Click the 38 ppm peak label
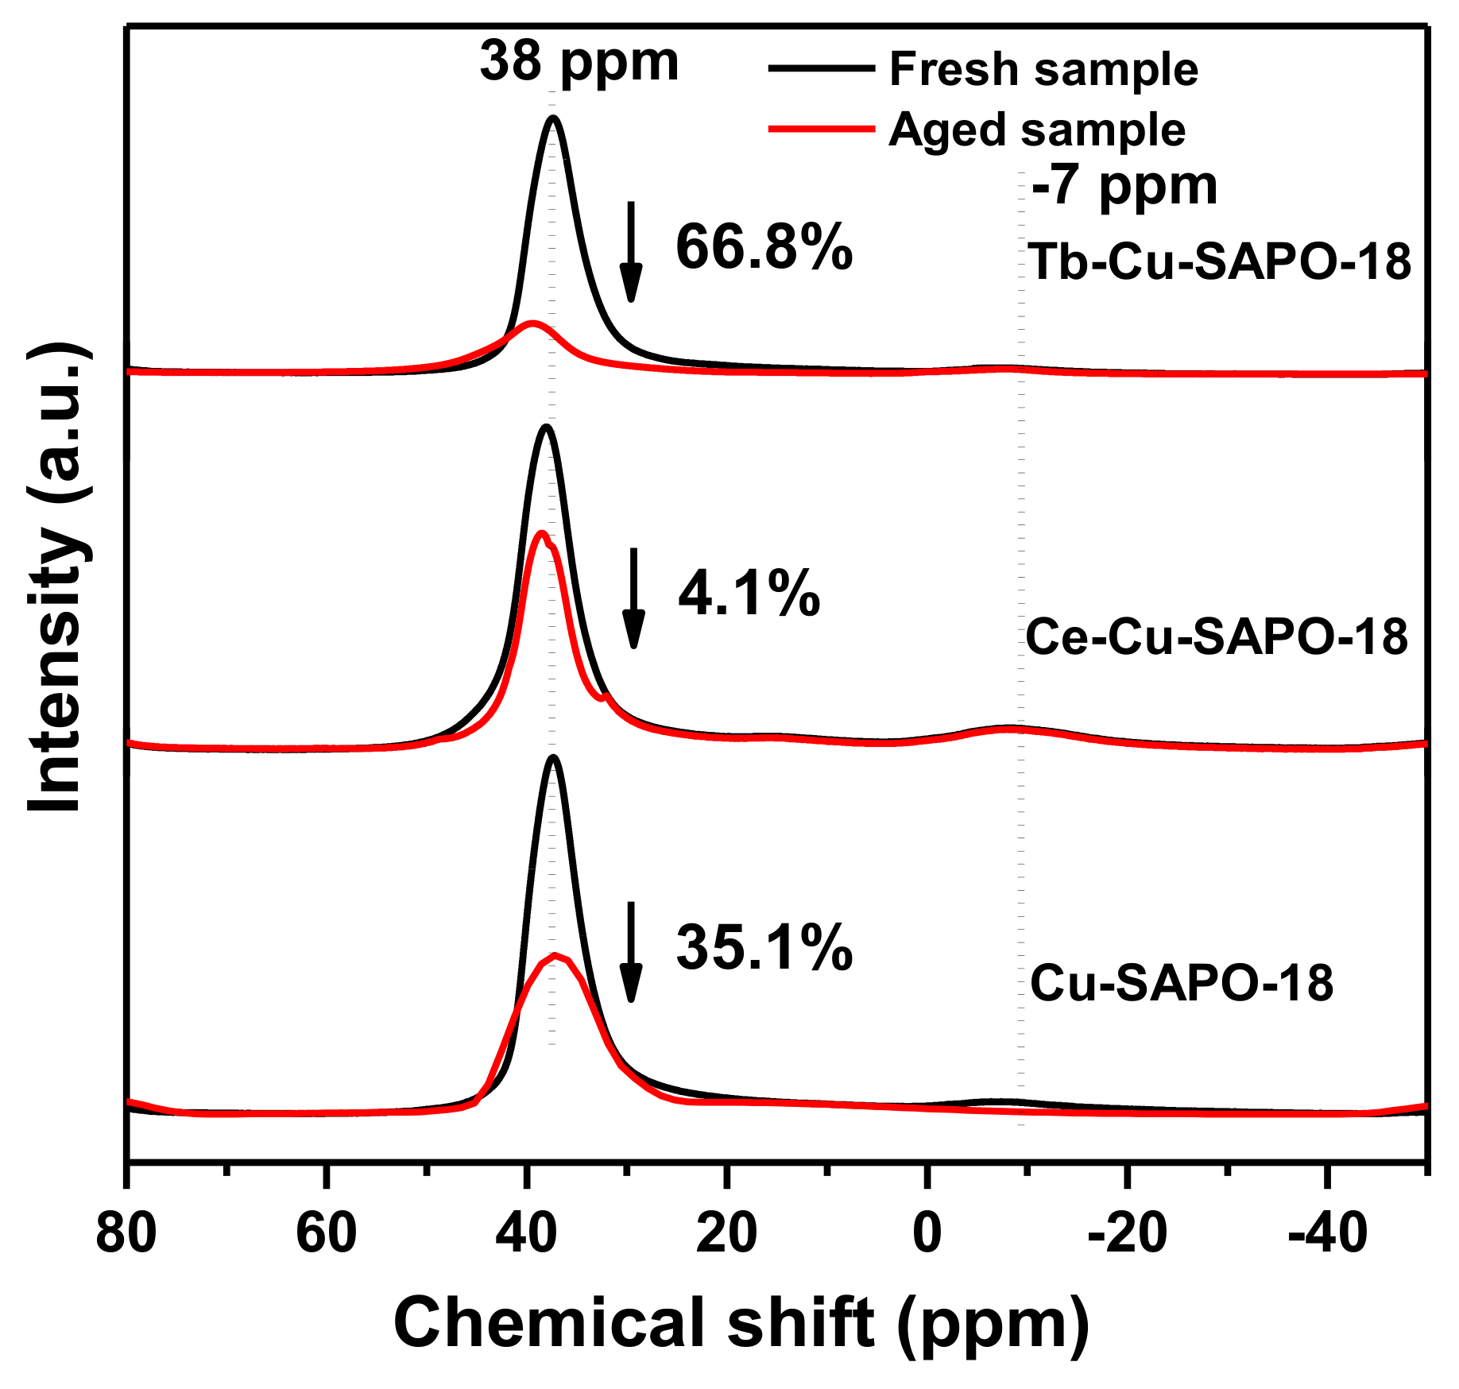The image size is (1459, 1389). click(579, 62)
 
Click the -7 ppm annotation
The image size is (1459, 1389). click(1124, 187)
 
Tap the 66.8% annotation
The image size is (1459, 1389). click(764, 248)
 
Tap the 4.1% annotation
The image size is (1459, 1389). click(749, 594)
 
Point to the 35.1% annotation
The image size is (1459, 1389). click(764, 948)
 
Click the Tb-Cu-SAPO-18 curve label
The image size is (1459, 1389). click(1219, 261)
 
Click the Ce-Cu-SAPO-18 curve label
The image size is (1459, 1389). click(1217, 636)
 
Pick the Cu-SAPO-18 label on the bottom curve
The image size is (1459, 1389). click(1182, 984)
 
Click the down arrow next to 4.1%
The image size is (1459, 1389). click(633, 598)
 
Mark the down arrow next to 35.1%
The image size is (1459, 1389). click(631, 952)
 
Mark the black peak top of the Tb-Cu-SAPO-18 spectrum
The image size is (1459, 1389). click(553, 118)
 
